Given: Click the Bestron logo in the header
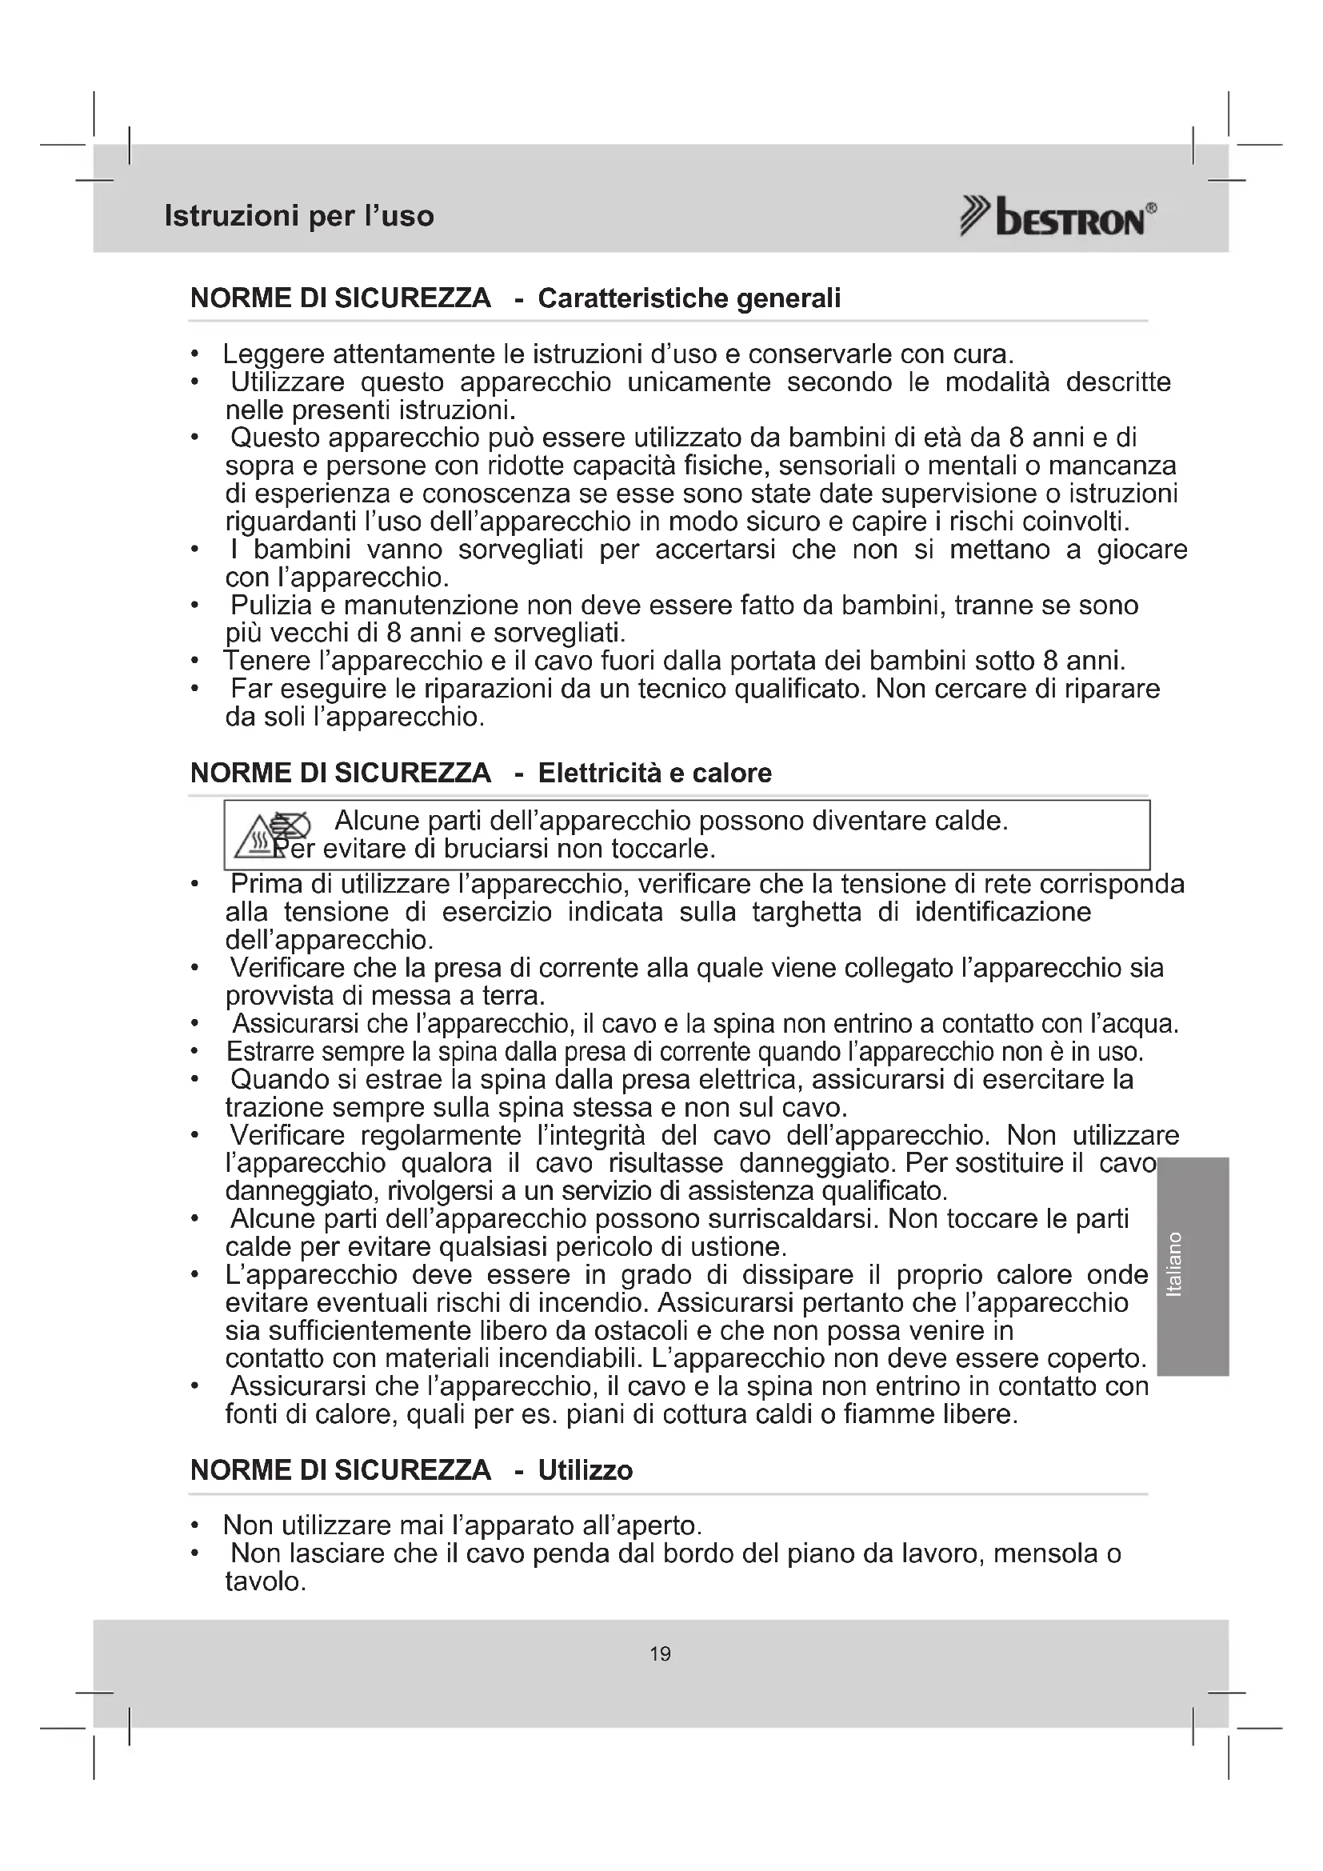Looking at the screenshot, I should coord(1057,218).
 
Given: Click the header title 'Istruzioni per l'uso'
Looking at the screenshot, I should coord(299,216).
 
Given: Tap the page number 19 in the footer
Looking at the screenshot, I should coord(661,1653).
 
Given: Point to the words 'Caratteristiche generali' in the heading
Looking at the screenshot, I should coord(689,298).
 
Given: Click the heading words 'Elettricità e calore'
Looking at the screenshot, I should coord(655,773).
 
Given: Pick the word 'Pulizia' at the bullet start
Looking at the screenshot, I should coord(271,606).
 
